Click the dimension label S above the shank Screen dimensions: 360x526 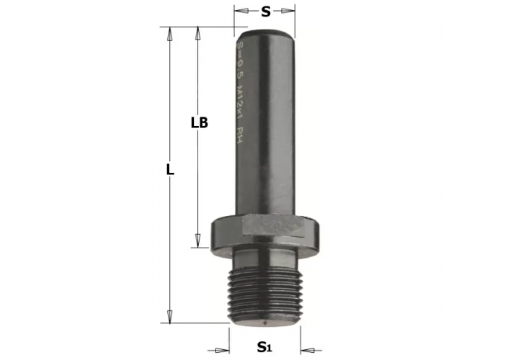[x=265, y=12]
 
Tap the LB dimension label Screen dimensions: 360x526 [x=200, y=122]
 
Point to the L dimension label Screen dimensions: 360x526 [x=170, y=171]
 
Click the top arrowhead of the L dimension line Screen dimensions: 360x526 [x=170, y=32]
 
